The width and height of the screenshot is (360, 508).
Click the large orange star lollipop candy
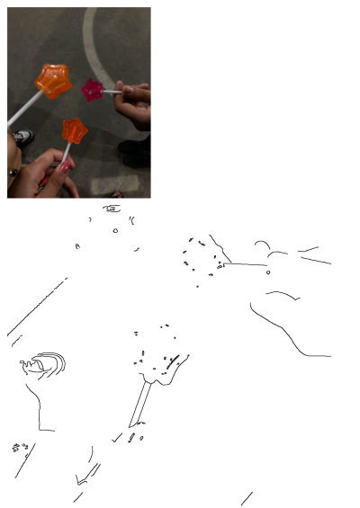tap(53, 81)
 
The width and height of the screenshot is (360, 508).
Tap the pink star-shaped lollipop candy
tap(92, 89)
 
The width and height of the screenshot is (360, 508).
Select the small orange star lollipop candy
tap(73, 130)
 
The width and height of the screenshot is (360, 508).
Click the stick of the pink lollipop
tap(112, 91)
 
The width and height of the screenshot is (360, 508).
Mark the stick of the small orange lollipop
tap(66, 153)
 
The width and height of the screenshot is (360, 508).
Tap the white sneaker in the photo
tap(22, 138)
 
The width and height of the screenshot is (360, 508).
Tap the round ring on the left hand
tap(13, 171)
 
